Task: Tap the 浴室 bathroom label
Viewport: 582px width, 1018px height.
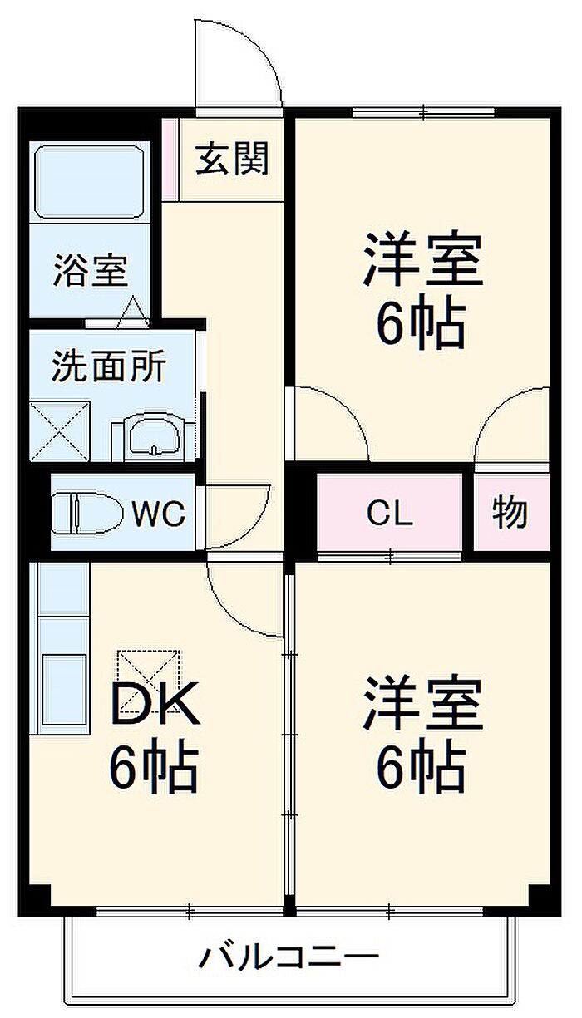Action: (90, 272)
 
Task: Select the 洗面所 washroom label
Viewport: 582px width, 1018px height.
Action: (109, 366)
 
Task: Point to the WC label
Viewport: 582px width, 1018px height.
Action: (158, 514)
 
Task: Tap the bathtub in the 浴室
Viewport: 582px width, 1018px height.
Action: (90, 183)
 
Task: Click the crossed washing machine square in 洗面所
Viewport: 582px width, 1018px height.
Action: (59, 430)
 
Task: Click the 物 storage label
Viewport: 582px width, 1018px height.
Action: (510, 513)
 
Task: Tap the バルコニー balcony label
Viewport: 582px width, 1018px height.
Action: (289, 958)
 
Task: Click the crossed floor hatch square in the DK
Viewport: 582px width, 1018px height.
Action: (148, 675)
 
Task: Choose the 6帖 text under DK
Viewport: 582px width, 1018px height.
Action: (153, 768)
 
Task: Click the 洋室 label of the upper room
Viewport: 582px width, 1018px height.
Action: (422, 260)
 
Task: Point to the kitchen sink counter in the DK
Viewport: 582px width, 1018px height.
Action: (60, 648)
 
